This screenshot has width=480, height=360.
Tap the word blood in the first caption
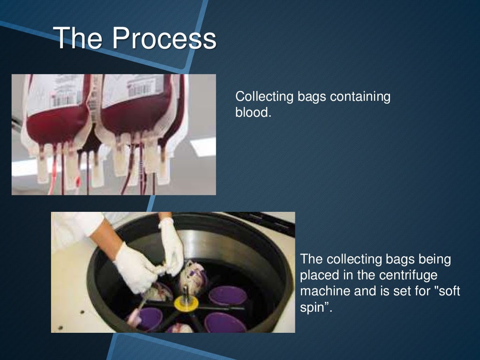click(253, 113)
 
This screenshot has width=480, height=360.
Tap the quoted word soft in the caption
click(446, 291)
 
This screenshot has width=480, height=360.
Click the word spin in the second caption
click(314, 307)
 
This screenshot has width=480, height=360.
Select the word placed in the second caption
click(319, 275)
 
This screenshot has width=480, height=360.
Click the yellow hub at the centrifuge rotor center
click(187, 303)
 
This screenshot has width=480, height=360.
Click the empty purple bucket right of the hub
click(227, 295)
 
